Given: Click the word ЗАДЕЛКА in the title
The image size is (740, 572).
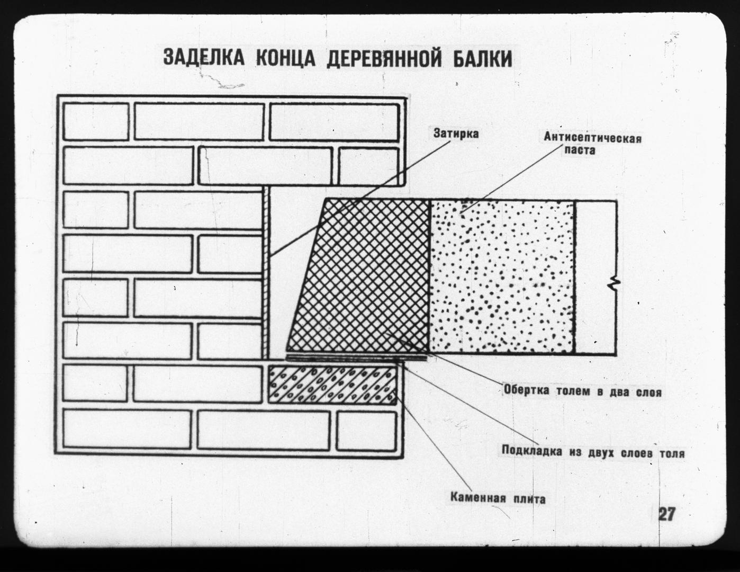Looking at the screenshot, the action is point(204,58).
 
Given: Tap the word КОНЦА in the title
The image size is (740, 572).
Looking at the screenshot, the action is point(285,58).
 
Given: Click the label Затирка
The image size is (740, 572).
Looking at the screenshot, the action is point(456,133).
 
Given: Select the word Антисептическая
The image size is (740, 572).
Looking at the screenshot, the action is point(592,138).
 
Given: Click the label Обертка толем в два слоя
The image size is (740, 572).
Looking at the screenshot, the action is point(582,391).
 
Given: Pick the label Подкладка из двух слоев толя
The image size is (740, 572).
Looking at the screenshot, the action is point(593,452).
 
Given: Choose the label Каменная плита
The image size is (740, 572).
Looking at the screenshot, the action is point(498,498).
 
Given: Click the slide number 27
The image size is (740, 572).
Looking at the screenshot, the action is point(667,514).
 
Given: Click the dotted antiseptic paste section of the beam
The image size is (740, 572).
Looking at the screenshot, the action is point(502,276).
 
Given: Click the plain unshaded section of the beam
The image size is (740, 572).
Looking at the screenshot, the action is point(595,278).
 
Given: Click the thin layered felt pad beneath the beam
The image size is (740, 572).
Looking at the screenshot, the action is point(356,358).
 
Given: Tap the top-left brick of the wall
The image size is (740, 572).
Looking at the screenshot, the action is point(96,121).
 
